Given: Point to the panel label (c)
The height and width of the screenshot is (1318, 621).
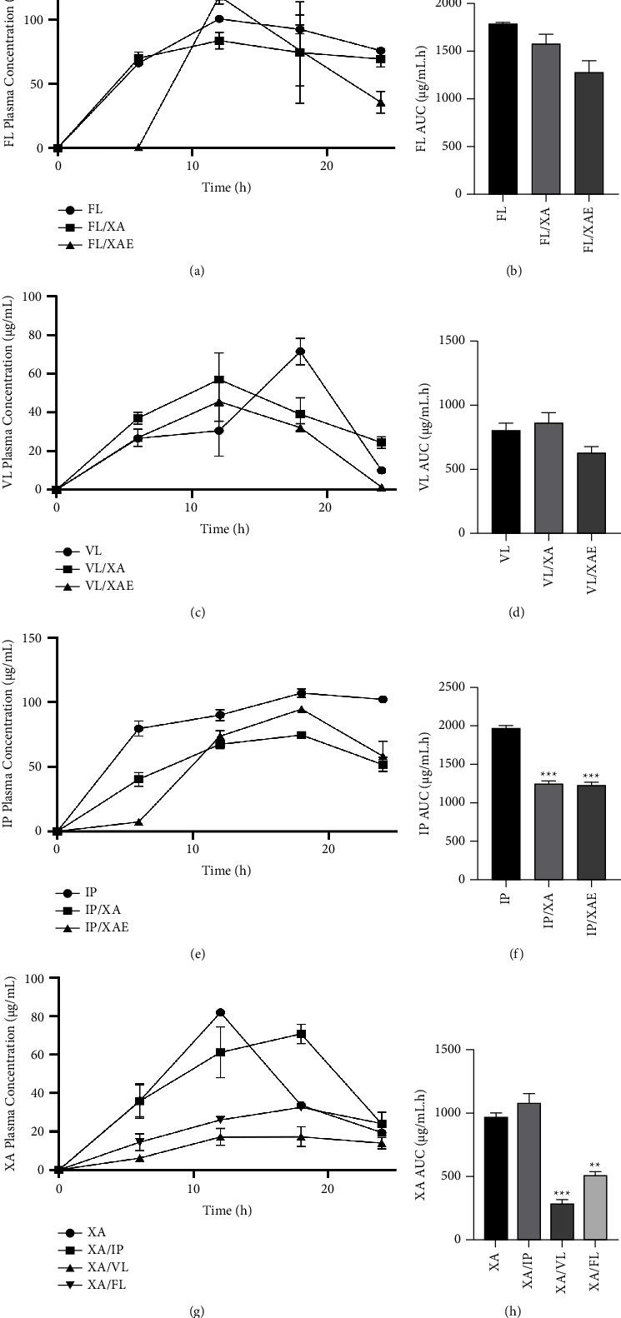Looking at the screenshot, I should [198, 613].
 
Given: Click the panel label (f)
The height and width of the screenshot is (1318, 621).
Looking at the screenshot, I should [516, 955].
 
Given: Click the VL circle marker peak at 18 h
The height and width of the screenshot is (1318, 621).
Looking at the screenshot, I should [300, 351].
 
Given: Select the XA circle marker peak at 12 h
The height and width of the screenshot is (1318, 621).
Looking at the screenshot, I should [221, 1012].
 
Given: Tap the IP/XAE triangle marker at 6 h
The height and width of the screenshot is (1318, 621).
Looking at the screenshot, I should [139, 821].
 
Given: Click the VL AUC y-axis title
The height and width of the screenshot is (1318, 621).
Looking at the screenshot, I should [423, 437].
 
